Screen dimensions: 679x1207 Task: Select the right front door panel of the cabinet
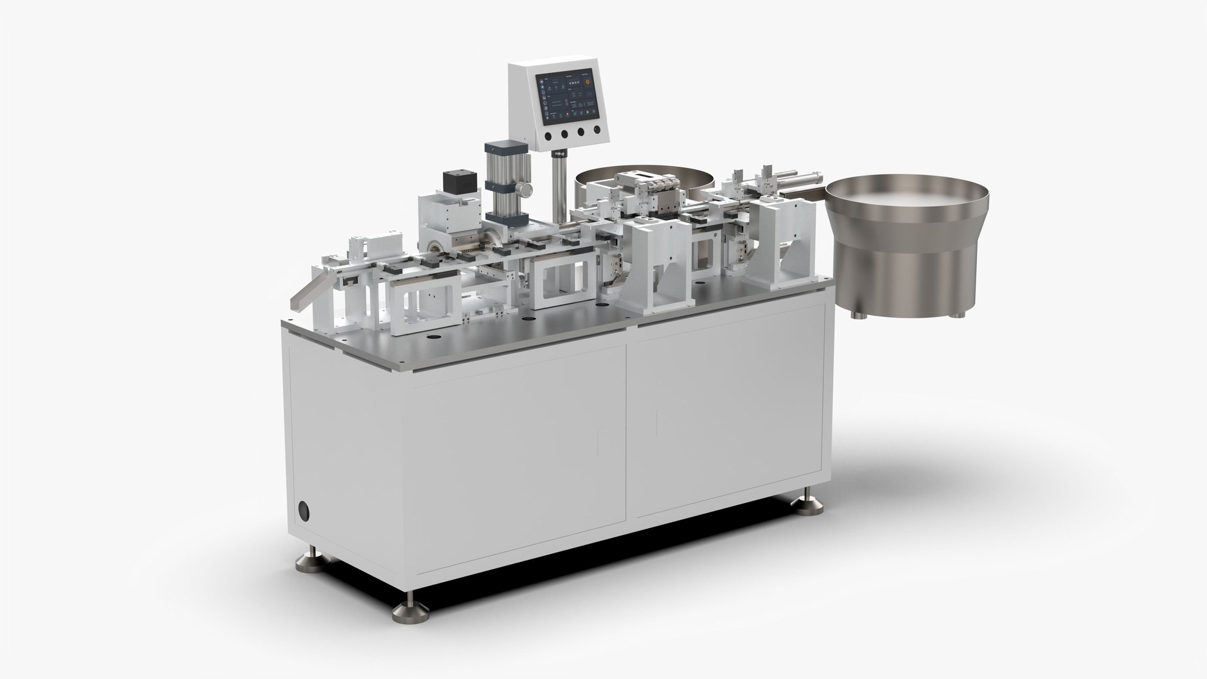pyautogui.click(x=723, y=415)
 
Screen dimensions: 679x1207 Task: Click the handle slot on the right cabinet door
pyautogui.click(x=658, y=422)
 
